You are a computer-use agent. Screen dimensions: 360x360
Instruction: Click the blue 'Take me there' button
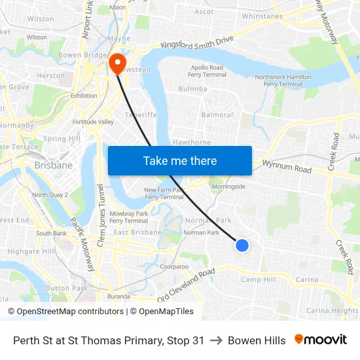(180, 161)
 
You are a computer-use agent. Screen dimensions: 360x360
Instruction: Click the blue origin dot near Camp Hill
(242, 245)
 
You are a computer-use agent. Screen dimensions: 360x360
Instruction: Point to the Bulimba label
(193, 88)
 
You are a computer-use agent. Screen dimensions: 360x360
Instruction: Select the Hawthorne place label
(192, 142)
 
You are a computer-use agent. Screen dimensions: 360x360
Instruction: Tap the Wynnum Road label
(287, 167)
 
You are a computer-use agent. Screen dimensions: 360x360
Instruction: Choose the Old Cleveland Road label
(186, 285)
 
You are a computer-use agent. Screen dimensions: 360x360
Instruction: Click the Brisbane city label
(54, 166)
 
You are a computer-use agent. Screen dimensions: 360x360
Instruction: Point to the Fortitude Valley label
(94, 122)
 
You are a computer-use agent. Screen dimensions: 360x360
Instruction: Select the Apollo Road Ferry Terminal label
(207, 71)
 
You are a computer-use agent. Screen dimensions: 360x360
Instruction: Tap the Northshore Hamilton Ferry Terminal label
(283, 81)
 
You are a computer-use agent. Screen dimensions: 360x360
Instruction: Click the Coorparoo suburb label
(174, 266)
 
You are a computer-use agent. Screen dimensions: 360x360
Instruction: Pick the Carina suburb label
(306, 279)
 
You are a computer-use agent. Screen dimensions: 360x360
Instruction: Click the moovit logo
(321, 340)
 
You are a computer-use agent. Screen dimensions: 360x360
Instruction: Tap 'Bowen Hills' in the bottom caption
(257, 340)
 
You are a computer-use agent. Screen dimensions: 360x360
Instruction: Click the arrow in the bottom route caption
(216, 340)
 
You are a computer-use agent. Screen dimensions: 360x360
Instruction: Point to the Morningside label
(228, 187)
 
